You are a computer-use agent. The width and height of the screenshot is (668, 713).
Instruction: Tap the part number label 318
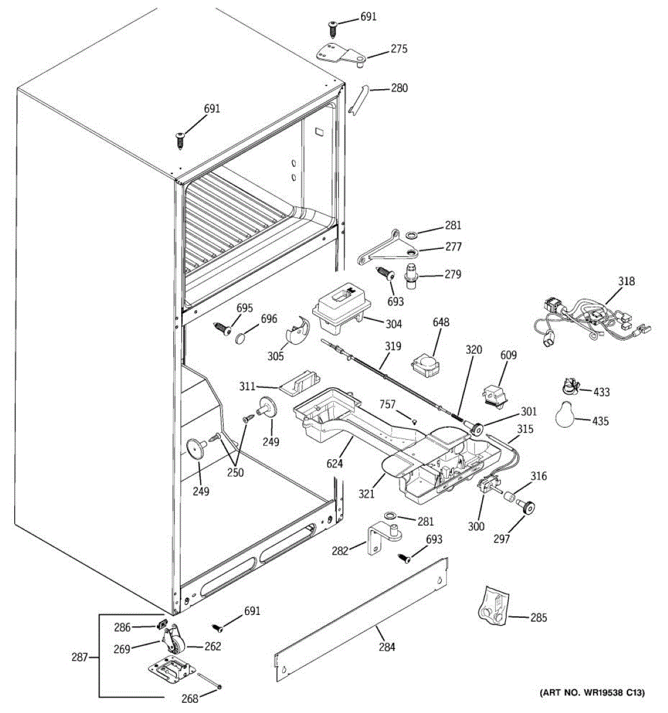pyautogui.click(x=626, y=281)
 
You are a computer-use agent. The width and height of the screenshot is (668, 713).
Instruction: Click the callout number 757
pyautogui.click(x=387, y=404)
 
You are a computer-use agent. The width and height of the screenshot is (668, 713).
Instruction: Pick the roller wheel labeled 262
pyautogui.click(x=178, y=647)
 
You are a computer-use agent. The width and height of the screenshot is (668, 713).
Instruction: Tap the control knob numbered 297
pyautogui.click(x=525, y=507)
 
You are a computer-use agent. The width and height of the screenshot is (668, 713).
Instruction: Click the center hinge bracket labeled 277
pyautogui.click(x=388, y=248)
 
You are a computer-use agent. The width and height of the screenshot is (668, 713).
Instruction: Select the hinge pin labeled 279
pyautogui.click(x=410, y=275)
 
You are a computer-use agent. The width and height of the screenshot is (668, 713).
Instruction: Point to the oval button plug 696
pyautogui.click(x=243, y=338)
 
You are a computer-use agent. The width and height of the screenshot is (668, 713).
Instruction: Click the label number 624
pyautogui.click(x=334, y=464)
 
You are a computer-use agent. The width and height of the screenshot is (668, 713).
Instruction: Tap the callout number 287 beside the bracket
pyautogui.click(x=79, y=657)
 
